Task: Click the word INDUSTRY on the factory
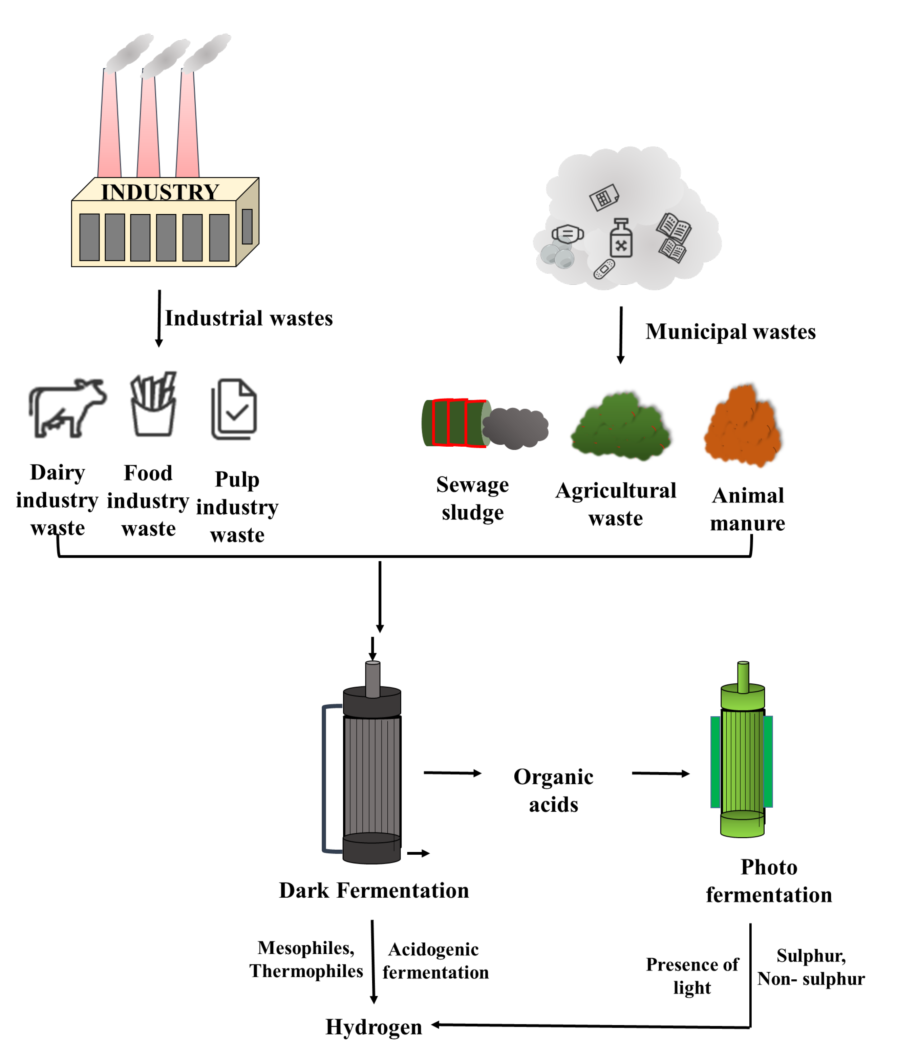(160, 192)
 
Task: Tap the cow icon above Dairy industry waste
(67, 407)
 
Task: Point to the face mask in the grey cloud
(568, 234)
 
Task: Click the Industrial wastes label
(249, 318)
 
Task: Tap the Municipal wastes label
(730, 332)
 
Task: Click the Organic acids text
(553, 790)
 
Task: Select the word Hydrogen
(373, 1027)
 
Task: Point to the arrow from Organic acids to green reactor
(660, 773)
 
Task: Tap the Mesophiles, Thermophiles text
(306, 960)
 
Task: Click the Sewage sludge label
(472, 498)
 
